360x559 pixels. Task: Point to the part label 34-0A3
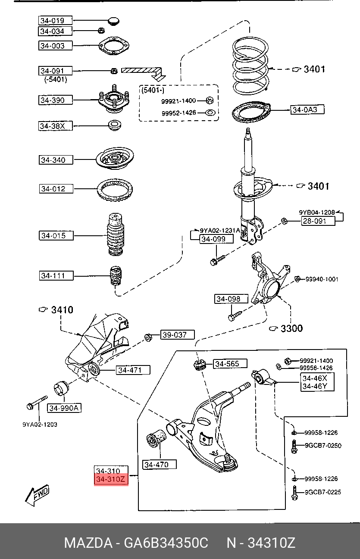coord(305,110)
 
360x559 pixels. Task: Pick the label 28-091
coord(318,222)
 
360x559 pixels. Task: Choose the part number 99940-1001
coord(322,279)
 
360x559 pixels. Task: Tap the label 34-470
coord(160,465)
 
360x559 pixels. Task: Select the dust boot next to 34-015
coord(115,236)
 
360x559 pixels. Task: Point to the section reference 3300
coord(291,329)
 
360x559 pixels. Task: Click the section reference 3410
coord(62,310)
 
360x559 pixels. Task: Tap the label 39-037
coord(177,334)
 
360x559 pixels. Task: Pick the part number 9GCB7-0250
coord(322,446)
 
